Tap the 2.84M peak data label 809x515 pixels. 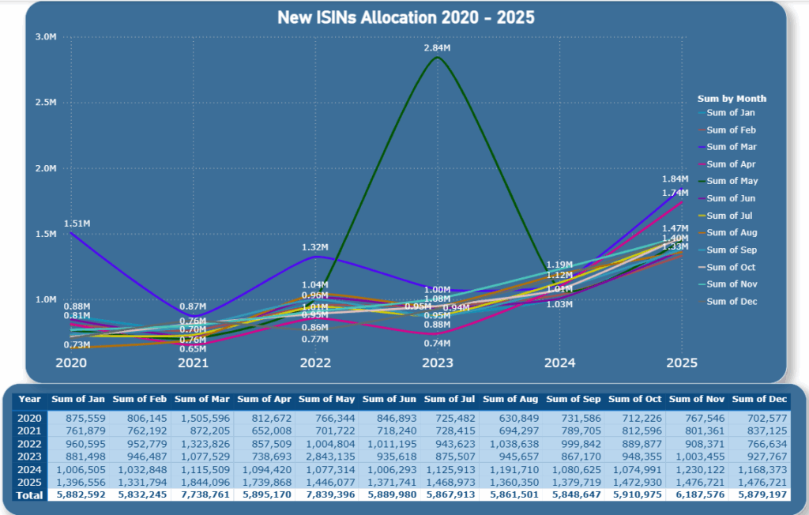pyautogui.click(x=437, y=48)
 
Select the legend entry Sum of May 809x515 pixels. pyautogui.click(x=732, y=181)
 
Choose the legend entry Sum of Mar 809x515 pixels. pyautogui.click(x=731, y=147)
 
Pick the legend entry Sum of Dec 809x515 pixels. pyautogui.click(x=731, y=301)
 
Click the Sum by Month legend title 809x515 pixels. pyautogui.click(x=732, y=99)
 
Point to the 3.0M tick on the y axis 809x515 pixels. pyautogui.click(x=46, y=37)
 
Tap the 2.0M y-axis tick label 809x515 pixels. pyautogui.click(x=46, y=168)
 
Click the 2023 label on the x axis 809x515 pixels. pyautogui.click(x=437, y=363)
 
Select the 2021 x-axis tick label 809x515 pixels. pyautogui.click(x=194, y=363)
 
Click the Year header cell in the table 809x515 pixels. pyautogui.click(x=30, y=399)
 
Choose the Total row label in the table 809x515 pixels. pyautogui.click(x=30, y=494)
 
